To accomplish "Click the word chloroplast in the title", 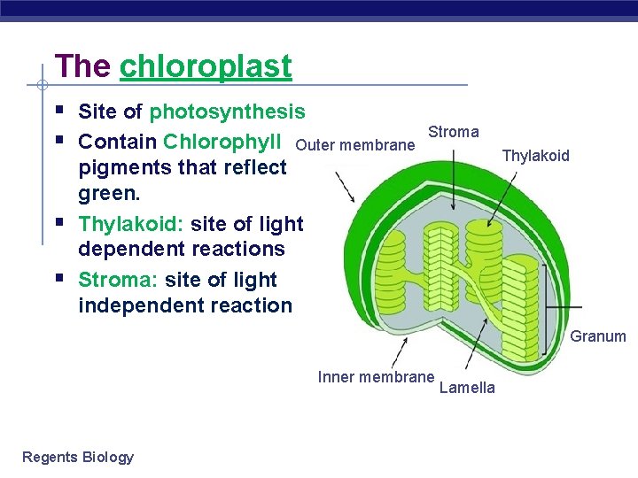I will [x=205, y=66].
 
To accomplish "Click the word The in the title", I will [x=82, y=66].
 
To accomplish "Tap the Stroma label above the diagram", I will [x=453, y=132].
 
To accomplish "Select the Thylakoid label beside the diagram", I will [x=535, y=156].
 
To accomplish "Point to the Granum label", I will [x=597, y=336].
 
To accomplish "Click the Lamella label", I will [x=467, y=388].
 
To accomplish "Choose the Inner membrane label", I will [x=376, y=376].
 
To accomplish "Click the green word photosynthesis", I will [x=227, y=112].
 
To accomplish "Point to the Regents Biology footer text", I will [x=78, y=457].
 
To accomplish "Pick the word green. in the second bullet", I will [x=111, y=192].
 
